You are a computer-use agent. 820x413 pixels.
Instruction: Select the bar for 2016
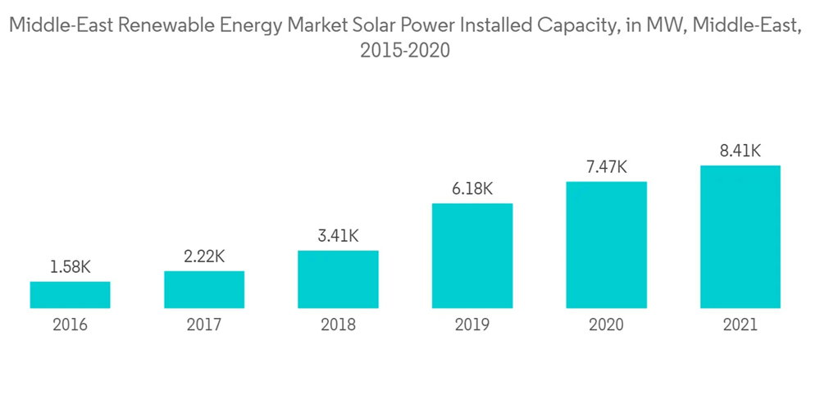(70, 295)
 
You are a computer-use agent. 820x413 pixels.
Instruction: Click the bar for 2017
(204, 289)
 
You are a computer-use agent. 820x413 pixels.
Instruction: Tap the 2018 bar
(338, 279)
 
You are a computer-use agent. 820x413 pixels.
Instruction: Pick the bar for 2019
(472, 256)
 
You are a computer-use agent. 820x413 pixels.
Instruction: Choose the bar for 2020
(606, 245)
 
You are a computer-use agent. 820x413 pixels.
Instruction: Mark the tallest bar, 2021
(740, 237)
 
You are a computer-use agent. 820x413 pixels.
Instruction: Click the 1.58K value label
(70, 267)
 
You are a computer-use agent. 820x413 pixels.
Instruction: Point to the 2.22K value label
(204, 256)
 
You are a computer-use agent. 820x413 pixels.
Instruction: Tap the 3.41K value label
(338, 236)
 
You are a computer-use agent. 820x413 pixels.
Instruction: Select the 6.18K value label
(472, 189)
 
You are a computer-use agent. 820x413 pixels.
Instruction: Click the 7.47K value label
(606, 167)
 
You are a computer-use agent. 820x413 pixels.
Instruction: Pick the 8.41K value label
(740, 151)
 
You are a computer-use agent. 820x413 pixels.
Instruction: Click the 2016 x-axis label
(70, 324)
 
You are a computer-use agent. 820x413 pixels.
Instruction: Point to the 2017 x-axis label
(204, 324)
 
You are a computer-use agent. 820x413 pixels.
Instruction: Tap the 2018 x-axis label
(338, 324)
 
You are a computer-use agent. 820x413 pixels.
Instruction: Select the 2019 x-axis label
(472, 324)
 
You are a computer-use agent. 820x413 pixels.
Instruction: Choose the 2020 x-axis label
(606, 324)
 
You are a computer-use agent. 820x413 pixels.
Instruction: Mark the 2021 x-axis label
(740, 324)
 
